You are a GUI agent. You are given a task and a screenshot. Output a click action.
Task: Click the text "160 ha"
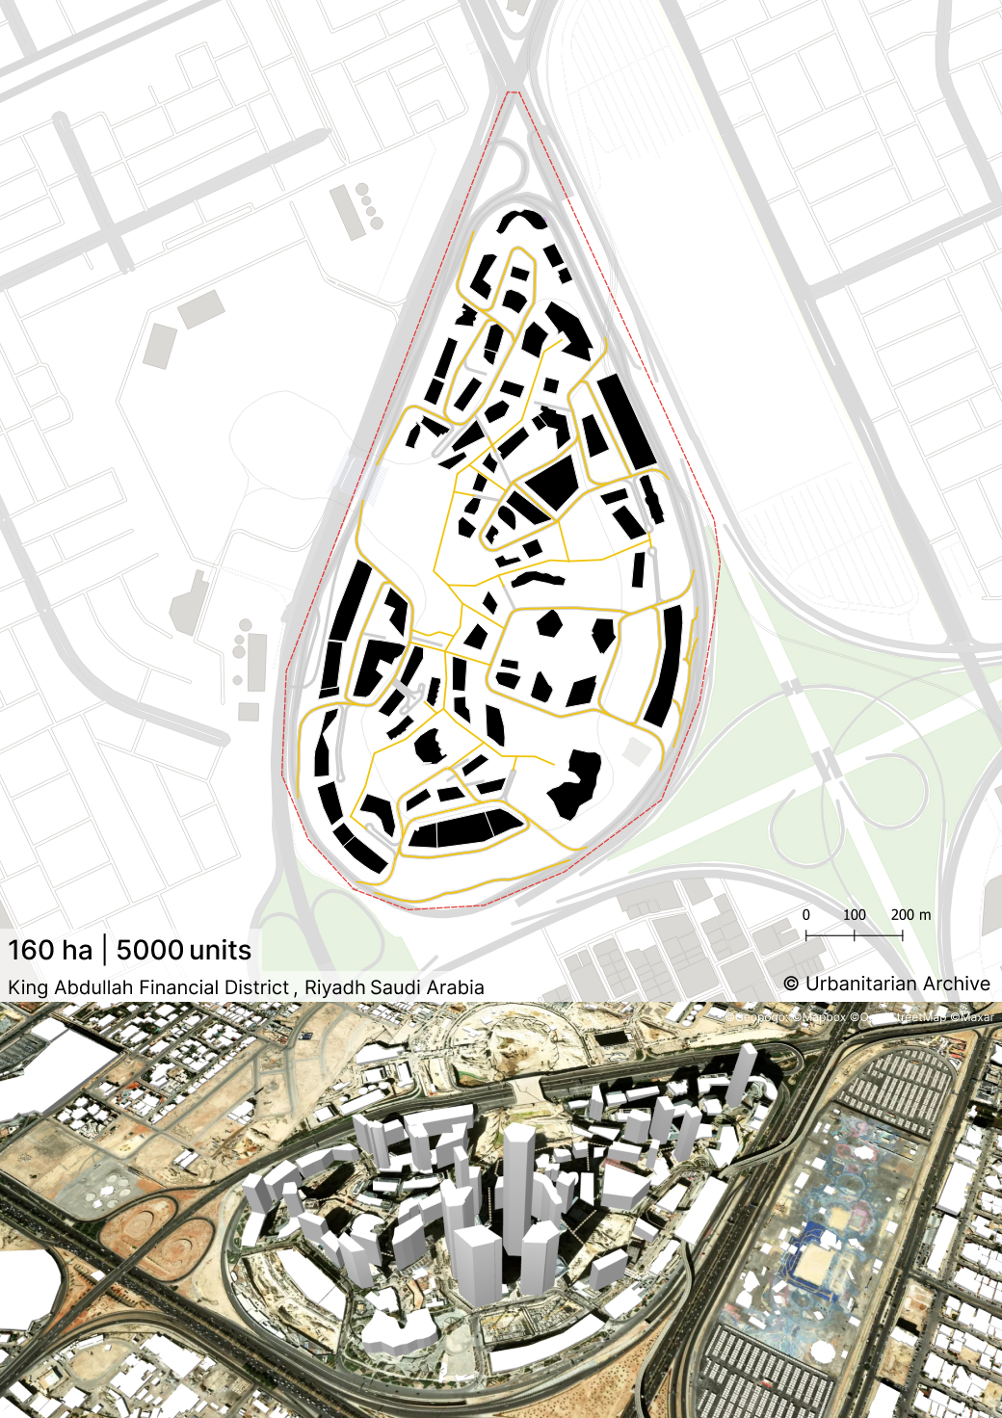[x=50, y=950]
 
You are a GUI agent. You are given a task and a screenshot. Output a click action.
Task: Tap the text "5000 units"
[x=183, y=950]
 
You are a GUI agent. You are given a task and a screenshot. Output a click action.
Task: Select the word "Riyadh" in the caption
[x=334, y=987]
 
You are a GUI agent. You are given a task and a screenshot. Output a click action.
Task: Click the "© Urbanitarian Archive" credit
[x=886, y=984]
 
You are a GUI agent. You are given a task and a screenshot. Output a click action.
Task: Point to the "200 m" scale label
[x=910, y=914]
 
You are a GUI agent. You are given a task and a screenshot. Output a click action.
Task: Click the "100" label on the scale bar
[x=855, y=914]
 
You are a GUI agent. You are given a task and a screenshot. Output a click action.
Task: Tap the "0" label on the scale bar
[x=806, y=914]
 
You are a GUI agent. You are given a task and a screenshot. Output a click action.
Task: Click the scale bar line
[x=854, y=934]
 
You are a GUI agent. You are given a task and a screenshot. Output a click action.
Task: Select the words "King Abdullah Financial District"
[x=148, y=987]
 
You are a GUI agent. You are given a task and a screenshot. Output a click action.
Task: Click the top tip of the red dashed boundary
[x=513, y=92]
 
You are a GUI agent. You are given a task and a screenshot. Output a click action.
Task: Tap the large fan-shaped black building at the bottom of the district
[x=465, y=829]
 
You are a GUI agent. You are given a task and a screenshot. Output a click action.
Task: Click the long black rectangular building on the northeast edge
[x=626, y=421]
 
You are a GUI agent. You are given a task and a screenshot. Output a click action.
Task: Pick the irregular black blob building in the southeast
[x=576, y=784]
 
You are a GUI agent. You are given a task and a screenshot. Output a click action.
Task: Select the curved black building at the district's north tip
[x=522, y=220]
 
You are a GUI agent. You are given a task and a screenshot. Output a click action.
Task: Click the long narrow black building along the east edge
[x=664, y=665]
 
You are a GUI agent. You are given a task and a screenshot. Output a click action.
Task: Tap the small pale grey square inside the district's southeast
[x=636, y=749]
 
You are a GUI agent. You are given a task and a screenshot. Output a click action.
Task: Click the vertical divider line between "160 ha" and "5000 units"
[x=104, y=950]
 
